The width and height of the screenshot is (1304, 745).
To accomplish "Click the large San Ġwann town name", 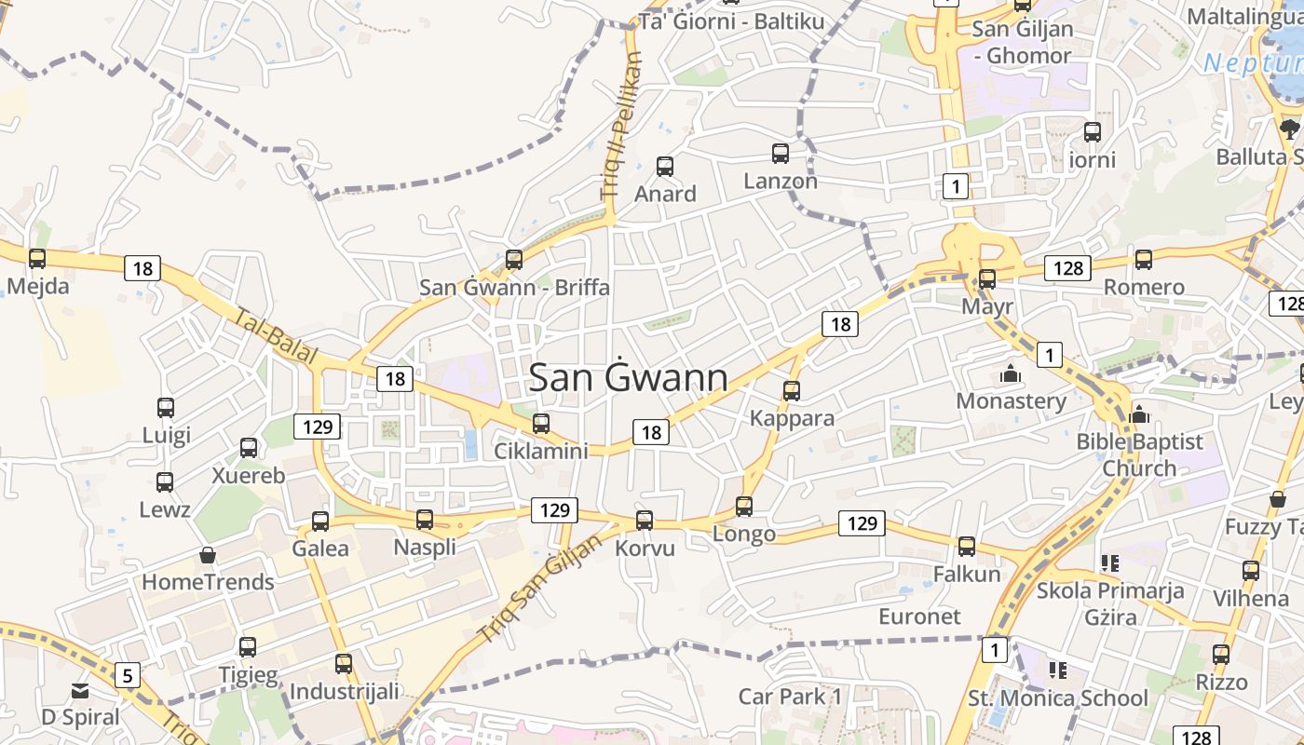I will coord(629,377).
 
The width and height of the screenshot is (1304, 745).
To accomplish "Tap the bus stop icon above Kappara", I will coord(792,390).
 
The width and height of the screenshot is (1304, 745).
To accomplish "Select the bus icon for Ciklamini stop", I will coord(541,424).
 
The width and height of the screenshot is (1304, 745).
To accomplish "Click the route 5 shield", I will coord(128,674).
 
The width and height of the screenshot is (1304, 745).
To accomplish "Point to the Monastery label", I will coord(1012,401).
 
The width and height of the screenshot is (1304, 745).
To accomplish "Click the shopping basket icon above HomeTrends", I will coord(208,555).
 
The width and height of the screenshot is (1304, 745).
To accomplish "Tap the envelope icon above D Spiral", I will coord(80,691).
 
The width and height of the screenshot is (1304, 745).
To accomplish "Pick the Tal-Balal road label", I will coord(277,338).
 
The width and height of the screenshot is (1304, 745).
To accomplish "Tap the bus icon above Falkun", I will coord(967,547).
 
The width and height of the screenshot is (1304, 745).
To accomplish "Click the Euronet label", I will coord(919,616).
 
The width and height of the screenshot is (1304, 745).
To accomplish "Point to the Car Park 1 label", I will coord(790,697).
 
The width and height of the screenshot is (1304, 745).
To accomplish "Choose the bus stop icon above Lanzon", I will coord(781,154).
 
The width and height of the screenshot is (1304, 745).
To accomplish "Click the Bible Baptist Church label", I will coord(1140,454).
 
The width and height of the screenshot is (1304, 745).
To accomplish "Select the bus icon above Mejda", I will coord(37,259).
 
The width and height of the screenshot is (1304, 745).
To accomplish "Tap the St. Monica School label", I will coord(1058,698).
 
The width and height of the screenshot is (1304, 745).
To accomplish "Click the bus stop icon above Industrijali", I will coord(344,664).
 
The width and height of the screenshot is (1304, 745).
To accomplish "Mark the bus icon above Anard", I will coord(665,167).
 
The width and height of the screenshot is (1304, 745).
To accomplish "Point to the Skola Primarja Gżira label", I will coord(1110,603).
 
